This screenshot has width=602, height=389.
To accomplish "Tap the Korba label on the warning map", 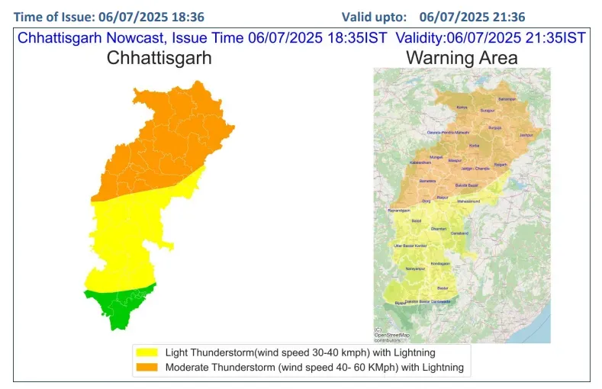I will click(x=474, y=145).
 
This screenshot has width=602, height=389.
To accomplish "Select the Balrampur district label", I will click(x=507, y=99).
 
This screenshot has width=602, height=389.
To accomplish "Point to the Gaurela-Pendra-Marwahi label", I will click(x=452, y=133).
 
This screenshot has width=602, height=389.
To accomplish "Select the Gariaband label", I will click(x=459, y=233).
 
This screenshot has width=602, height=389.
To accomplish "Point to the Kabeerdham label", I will click(x=421, y=162).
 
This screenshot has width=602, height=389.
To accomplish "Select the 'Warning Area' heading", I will click(x=462, y=57).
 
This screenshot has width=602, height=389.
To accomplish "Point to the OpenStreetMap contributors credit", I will click(x=391, y=336).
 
